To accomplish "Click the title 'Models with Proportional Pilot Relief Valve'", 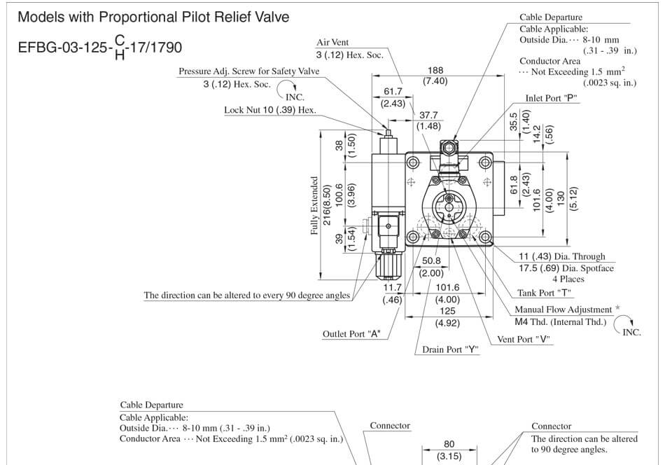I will point(153,17).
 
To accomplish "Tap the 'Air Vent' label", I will point(332,43).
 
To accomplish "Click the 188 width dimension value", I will point(435,70).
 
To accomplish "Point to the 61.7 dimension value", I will point(393,92).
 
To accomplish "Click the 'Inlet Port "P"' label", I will point(551,99).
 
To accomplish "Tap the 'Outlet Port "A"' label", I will point(351,333).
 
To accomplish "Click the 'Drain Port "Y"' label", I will point(450,349).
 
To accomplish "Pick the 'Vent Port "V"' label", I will point(523,340).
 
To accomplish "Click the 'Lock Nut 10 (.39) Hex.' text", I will point(269,110).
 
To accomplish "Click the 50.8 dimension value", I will point(431,261).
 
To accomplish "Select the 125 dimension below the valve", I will point(447,311).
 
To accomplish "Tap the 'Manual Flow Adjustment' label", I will point(563,309).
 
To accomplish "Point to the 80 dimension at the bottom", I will point(449,443).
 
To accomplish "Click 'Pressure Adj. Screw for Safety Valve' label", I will point(249,71).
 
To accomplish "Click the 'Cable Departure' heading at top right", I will point(550,18).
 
